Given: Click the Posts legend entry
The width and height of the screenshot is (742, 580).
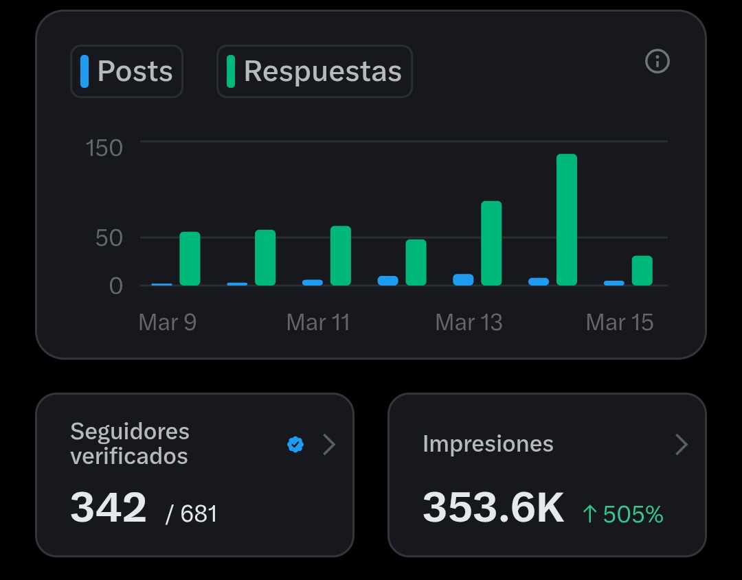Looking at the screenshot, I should point(127,71).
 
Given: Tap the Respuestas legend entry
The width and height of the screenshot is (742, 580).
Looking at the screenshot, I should point(315,71).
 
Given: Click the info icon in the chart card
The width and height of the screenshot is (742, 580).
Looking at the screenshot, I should point(657,62).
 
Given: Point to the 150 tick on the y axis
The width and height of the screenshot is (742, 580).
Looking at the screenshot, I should point(104,148).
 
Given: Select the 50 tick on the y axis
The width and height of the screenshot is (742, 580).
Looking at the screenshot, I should point(109,238).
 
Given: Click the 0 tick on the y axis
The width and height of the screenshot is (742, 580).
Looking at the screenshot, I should point(115,286).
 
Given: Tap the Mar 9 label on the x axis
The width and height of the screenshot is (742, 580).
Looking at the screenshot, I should point(167,322).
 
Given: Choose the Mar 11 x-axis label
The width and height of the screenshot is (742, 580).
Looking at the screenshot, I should point(318,322).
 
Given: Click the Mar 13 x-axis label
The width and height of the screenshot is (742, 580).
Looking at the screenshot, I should point(469,322).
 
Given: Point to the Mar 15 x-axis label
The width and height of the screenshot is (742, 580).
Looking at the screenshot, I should point(619,322).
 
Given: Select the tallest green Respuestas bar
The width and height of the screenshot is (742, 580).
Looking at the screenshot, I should point(567,220).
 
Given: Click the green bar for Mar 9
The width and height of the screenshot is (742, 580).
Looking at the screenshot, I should point(190,259).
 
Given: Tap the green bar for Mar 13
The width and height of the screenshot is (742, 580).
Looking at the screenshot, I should point(491,244).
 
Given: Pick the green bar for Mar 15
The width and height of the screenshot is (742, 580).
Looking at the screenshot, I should point(642,270).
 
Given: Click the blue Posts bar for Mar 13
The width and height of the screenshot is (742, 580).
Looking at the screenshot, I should point(463,279).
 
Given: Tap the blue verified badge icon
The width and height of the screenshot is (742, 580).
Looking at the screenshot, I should point(295,445).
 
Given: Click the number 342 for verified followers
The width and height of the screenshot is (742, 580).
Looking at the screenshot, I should point(109,508).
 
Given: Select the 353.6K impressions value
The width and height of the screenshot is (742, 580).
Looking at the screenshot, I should point(493,508).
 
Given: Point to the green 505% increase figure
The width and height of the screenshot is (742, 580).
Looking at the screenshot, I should point(623,514).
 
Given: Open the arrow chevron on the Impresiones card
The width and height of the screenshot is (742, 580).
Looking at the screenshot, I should point(681,445).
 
